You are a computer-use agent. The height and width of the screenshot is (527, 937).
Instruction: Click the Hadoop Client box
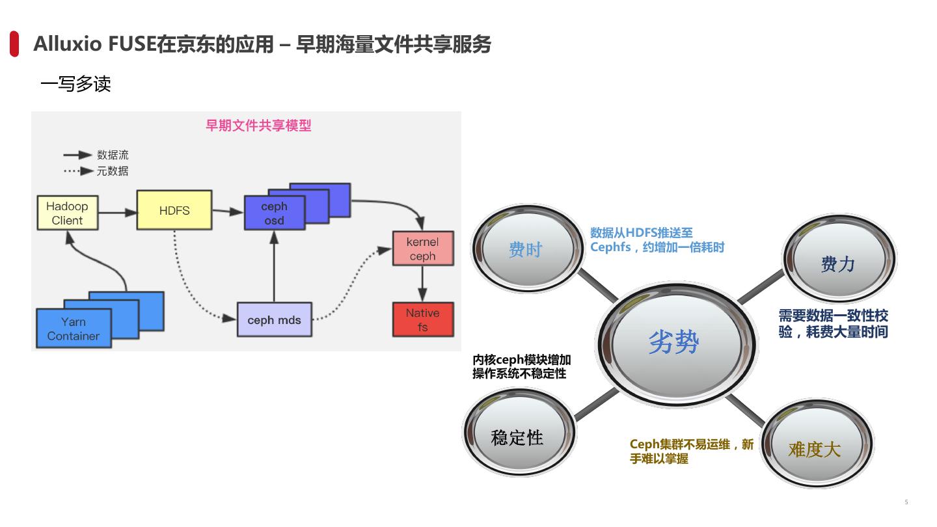click(68, 213)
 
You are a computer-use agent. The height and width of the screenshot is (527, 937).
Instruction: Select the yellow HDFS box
click(174, 210)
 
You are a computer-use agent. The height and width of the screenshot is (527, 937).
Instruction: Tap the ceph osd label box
click(274, 213)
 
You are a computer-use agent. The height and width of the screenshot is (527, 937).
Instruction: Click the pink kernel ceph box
click(422, 249)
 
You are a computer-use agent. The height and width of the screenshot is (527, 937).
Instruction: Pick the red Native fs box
click(422, 319)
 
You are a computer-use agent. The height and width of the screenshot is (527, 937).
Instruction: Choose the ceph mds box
click(274, 319)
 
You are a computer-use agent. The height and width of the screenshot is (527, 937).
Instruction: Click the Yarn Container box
click(73, 329)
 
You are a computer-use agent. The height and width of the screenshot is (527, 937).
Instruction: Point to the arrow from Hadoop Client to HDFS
click(118, 211)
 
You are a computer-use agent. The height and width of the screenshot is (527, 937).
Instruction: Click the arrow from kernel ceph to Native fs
click(422, 284)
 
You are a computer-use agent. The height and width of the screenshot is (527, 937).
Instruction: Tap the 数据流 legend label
click(113, 155)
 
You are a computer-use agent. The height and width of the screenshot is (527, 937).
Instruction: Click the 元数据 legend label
click(113, 171)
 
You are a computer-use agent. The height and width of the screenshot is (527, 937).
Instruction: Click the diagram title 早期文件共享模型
click(258, 125)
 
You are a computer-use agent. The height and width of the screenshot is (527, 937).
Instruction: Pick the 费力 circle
click(838, 263)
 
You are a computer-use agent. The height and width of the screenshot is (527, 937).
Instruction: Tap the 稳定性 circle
click(517, 437)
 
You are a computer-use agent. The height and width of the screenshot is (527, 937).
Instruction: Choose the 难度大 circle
click(815, 448)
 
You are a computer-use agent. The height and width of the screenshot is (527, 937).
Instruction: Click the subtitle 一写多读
click(75, 84)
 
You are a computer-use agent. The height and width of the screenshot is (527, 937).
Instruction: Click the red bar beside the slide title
click(14, 44)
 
